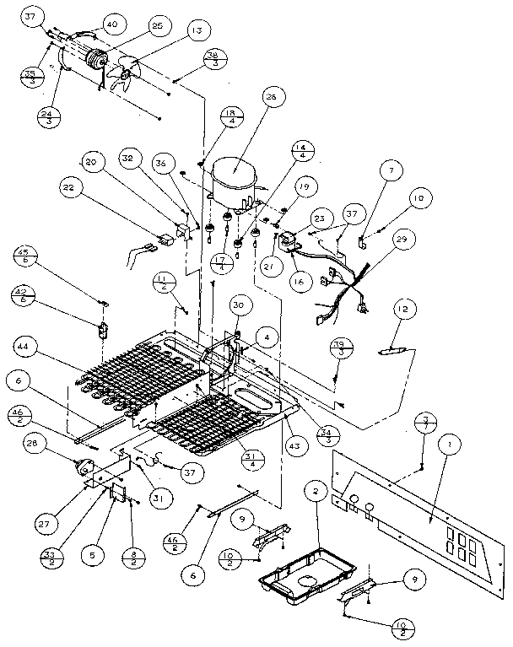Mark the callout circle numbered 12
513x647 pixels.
[x=402, y=312]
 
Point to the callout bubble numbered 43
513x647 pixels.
[x=293, y=446]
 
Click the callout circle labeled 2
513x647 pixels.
[x=315, y=490]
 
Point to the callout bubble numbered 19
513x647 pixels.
[x=303, y=187]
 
